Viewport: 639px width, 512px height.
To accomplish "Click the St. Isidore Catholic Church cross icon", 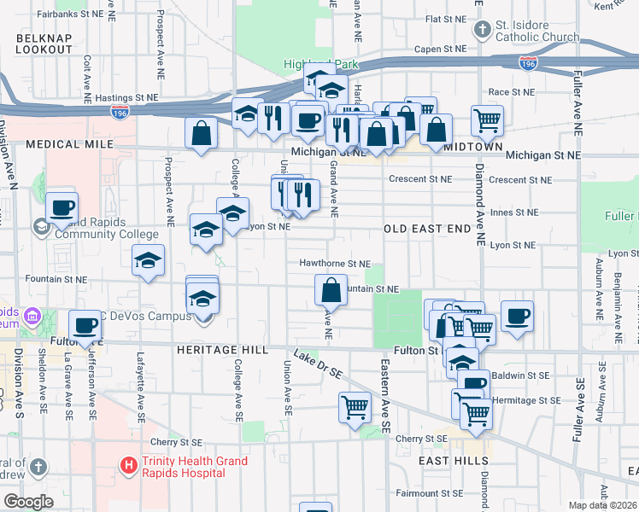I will [x=483, y=31].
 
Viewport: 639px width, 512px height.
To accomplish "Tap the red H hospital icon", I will [x=129, y=465].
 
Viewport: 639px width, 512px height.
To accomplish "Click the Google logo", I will [x=28, y=502].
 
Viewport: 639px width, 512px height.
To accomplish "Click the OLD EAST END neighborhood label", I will [x=427, y=229].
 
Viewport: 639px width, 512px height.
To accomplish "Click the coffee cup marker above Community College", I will [x=62, y=207].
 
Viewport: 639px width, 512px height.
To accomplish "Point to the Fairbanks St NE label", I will [x=69, y=15].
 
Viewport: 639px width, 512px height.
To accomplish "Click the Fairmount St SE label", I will [x=429, y=493].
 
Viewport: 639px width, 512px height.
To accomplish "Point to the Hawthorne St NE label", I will [x=334, y=264].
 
